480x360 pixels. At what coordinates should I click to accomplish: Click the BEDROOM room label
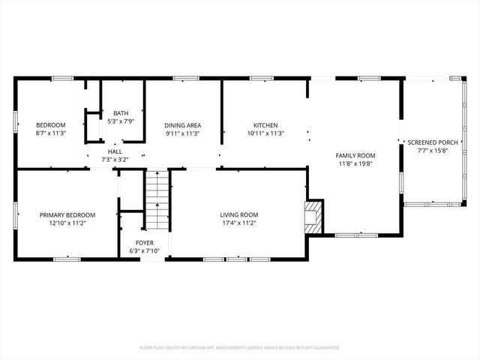[x=51, y=124]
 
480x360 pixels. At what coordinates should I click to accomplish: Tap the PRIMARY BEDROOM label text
[x=67, y=214]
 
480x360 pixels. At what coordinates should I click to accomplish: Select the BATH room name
[x=121, y=112]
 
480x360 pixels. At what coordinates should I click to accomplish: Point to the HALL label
[x=115, y=151]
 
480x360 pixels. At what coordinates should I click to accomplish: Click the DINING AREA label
[x=183, y=125]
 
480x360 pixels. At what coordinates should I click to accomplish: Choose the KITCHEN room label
[x=265, y=125]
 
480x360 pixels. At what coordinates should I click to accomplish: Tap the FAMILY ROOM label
[x=355, y=155]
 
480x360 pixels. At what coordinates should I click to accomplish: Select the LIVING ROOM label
[x=238, y=214]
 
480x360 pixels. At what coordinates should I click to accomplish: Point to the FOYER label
[x=144, y=243]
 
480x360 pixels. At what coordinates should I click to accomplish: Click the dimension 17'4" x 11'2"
[x=238, y=223]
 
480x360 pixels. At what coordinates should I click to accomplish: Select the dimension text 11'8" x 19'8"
[x=355, y=163]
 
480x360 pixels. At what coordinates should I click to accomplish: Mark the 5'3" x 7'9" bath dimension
[x=121, y=121]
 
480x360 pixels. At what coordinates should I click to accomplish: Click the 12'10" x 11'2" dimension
[x=67, y=223]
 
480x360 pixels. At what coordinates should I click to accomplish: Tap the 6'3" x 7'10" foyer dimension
[x=144, y=251]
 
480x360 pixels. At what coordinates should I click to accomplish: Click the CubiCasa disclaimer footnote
[x=240, y=347]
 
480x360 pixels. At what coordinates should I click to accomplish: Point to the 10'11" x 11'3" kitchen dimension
[x=265, y=133]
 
